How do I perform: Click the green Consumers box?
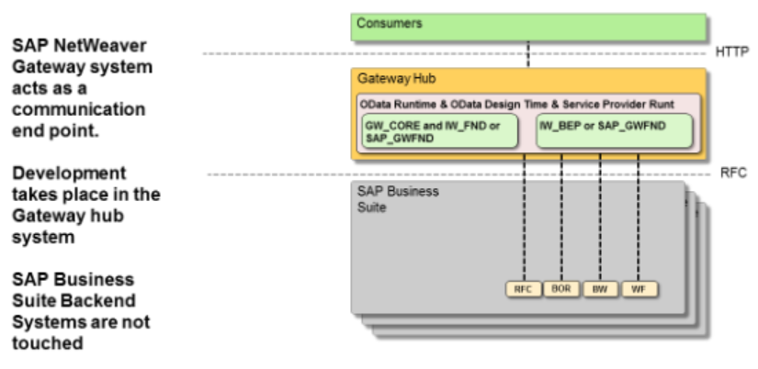[x=528, y=27]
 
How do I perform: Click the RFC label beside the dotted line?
[x=731, y=173]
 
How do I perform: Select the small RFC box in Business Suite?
[x=523, y=289]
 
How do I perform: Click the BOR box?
[x=560, y=289]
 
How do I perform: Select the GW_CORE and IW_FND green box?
[x=435, y=131]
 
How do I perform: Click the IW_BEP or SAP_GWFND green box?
[x=614, y=131]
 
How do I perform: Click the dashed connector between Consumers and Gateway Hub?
[x=528, y=54]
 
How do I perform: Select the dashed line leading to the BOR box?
[x=560, y=220]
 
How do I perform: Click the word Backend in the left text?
[x=96, y=301]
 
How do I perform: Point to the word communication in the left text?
[x=79, y=110]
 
